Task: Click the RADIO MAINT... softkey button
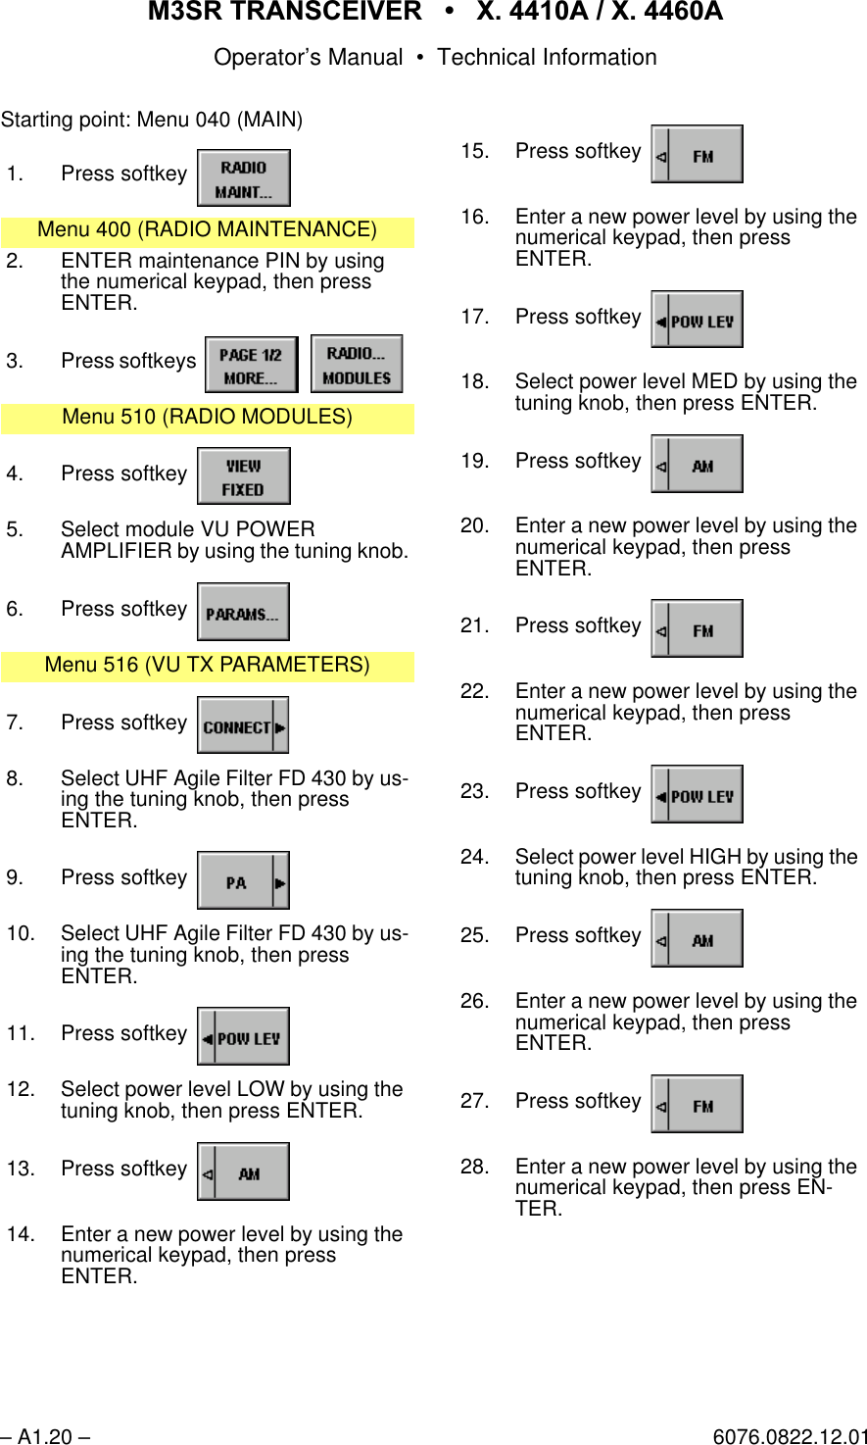[x=243, y=178]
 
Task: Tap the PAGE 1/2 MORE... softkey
[x=251, y=366]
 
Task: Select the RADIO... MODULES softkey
[x=357, y=365]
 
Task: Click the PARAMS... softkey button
[x=243, y=613]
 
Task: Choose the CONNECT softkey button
[x=243, y=726]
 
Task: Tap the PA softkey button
[x=243, y=881]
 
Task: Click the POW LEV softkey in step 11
[x=243, y=1037]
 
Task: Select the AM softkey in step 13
[x=243, y=1172]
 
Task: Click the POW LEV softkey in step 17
[x=697, y=321]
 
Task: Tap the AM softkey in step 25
[x=697, y=939]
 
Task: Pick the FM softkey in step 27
[x=697, y=1105]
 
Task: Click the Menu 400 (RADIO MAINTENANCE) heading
[x=207, y=230]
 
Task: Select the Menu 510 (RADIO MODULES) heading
[x=207, y=418]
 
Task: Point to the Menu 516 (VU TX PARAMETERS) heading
[x=207, y=666]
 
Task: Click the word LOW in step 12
[x=262, y=1090]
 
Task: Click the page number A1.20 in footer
[x=45, y=1437]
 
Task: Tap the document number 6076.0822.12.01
[x=789, y=1437]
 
